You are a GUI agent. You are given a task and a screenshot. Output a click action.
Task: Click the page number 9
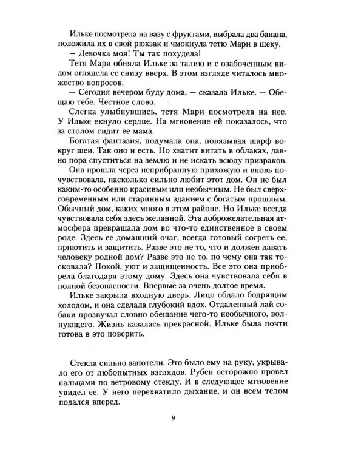click(x=182, y=434)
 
